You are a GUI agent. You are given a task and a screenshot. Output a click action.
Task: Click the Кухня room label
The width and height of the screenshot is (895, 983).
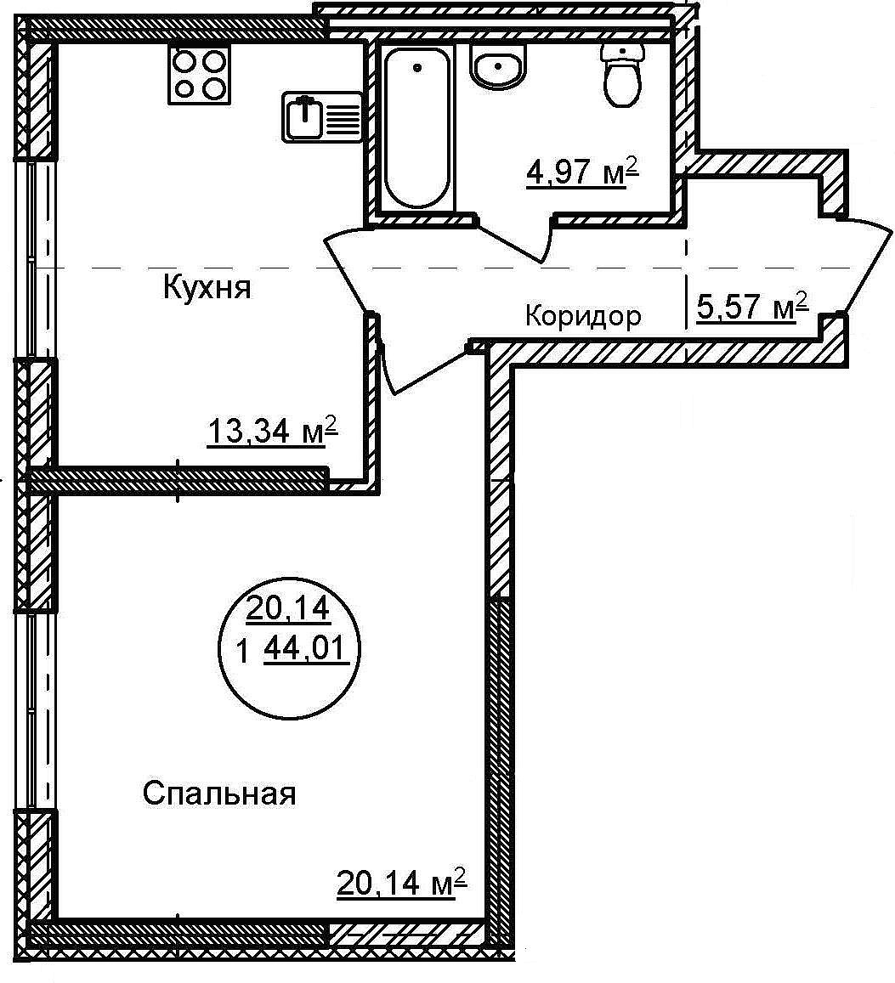click(x=207, y=288)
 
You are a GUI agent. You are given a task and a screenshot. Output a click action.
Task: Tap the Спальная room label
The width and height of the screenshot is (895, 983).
click(x=219, y=794)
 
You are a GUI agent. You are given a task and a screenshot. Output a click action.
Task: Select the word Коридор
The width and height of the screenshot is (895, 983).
click(x=583, y=317)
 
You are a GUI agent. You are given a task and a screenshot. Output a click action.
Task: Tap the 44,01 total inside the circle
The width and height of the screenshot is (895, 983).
click(x=305, y=649)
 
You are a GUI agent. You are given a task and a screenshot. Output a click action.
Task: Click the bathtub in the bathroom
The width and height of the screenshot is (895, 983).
click(x=417, y=128)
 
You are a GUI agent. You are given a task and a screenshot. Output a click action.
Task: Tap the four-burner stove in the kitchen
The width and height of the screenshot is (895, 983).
click(x=200, y=74)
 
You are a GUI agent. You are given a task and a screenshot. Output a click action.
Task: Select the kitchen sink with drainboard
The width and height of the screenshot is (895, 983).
click(x=322, y=116)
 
